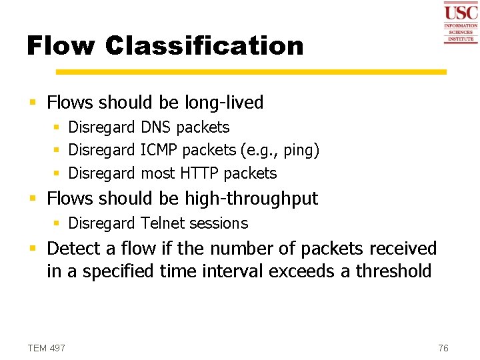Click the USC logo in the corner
461,23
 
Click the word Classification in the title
204,46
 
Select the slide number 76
443,348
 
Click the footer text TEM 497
46,348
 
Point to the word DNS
156,127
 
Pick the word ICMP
159,150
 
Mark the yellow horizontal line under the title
251,72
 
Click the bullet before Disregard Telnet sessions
57,223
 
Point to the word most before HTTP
158,173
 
